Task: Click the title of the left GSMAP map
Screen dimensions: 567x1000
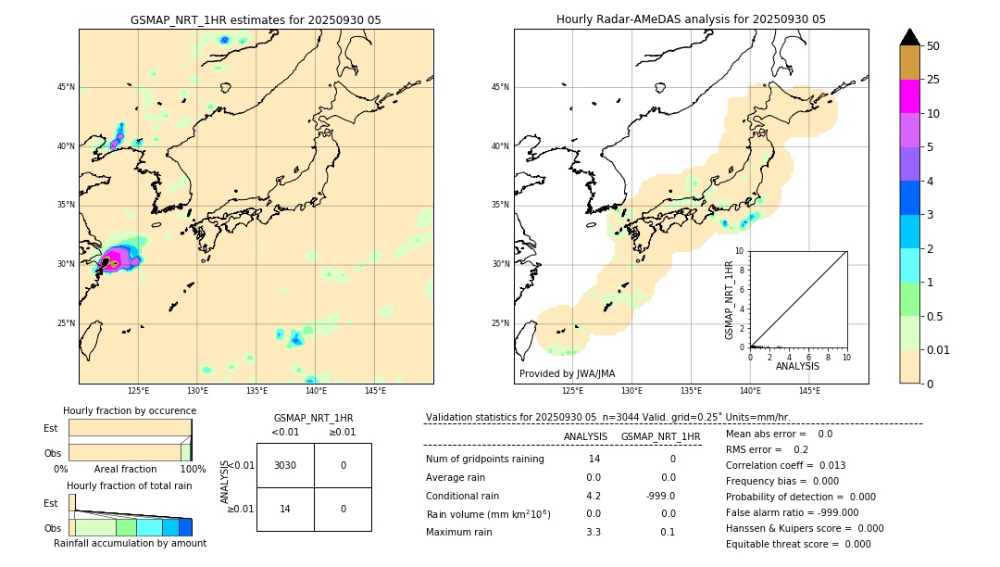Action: [x=256, y=19]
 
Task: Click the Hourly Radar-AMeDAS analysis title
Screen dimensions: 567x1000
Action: [x=691, y=19]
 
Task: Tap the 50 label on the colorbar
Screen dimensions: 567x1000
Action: [x=933, y=45]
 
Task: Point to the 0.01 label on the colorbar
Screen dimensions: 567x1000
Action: [x=939, y=349]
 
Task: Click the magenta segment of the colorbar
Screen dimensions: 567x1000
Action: [x=910, y=96]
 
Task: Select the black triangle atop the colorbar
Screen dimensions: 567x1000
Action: [x=910, y=37]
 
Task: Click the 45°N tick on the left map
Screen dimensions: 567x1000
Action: [x=66, y=87]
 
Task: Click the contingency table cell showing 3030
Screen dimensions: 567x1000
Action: [x=285, y=465]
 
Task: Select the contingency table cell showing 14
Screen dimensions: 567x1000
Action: [x=285, y=509]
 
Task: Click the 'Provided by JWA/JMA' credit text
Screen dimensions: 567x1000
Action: [x=567, y=373]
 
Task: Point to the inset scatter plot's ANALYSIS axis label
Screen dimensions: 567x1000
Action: [x=797, y=366]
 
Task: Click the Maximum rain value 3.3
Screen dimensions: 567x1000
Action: [x=594, y=532]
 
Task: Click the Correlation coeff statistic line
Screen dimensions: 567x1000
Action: [x=786, y=465]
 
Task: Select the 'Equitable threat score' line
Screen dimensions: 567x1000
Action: [x=798, y=544]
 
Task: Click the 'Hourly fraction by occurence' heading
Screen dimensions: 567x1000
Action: [x=130, y=410]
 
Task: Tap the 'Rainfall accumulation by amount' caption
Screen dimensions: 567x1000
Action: [x=130, y=543]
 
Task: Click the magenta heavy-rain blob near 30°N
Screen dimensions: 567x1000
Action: [x=119, y=258]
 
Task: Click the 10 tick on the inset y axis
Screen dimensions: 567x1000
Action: [x=740, y=250]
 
